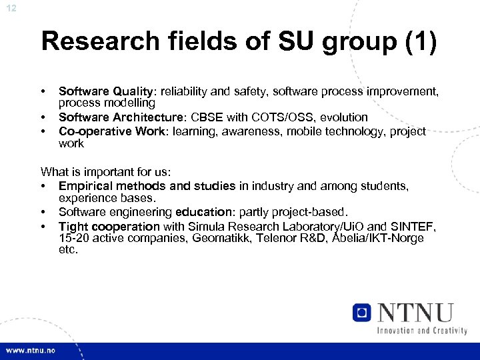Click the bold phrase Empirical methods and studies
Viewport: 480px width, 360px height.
(147, 185)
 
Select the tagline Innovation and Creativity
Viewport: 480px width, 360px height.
(421, 330)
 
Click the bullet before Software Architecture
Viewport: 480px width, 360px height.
(43, 117)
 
